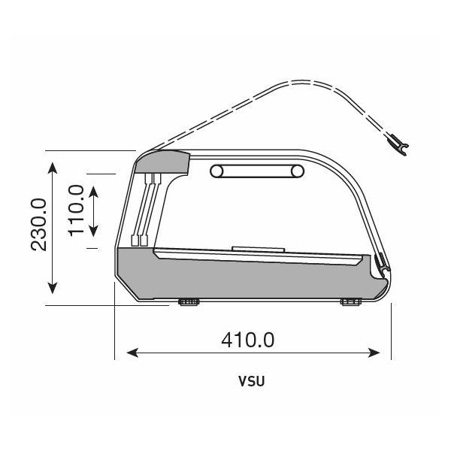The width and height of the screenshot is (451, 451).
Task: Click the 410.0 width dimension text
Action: pos(247,340)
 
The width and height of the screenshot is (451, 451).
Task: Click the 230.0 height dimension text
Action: pos(38,225)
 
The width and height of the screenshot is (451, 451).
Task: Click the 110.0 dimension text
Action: pos(76,210)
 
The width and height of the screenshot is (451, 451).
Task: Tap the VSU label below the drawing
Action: pos(251,381)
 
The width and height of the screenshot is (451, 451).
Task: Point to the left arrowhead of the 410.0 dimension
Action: pos(132,353)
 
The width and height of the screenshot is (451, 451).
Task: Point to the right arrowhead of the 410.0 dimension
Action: pos(374,353)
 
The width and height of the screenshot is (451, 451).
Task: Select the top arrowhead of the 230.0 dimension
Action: pos(53,168)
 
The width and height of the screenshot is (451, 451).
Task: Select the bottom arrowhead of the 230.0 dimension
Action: pos(53,288)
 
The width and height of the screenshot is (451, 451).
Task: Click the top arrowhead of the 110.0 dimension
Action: pos(93,192)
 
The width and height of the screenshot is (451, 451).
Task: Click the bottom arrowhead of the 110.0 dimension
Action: pos(93,231)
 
